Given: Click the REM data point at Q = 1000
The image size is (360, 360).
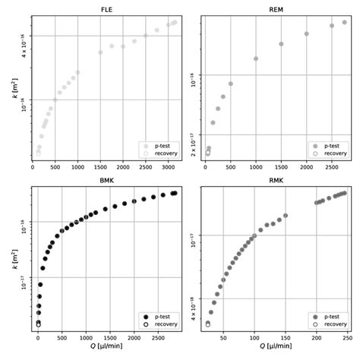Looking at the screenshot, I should pyautogui.click(x=256, y=58).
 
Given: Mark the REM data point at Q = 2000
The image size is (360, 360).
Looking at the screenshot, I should pyautogui.click(x=307, y=34).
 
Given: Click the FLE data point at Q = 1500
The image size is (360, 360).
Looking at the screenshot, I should pyautogui.click(x=100, y=52).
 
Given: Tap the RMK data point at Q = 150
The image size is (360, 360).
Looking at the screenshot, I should pyautogui.click(x=286, y=216).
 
